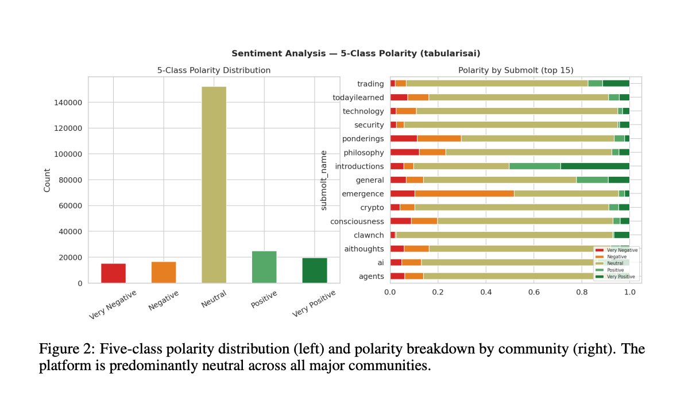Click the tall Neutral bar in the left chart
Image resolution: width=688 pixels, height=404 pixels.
click(214, 185)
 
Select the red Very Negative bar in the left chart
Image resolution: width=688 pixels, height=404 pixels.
click(113, 273)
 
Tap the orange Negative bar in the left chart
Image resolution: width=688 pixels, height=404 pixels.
click(164, 273)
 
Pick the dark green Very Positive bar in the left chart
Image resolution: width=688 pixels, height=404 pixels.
click(315, 270)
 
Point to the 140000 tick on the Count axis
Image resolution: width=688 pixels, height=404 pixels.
click(68, 103)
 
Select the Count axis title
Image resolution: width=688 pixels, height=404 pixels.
click(47, 180)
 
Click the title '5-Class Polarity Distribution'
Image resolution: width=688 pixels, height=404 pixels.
click(214, 70)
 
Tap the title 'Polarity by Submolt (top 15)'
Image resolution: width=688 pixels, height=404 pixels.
click(516, 70)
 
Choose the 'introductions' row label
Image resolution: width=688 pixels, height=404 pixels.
click(360, 166)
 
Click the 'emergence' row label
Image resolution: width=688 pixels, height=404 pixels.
click(363, 194)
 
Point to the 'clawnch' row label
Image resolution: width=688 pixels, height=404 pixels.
click(369, 235)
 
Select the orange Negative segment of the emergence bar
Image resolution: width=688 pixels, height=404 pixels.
click(464, 193)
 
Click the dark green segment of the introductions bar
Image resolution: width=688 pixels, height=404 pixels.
click(595, 166)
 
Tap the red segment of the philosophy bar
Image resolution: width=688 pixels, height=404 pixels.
click(404, 152)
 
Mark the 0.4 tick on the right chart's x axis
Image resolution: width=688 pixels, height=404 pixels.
click(486, 292)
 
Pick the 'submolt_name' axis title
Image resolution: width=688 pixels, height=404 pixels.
click(324, 180)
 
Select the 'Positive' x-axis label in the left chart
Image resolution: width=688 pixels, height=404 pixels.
click(264, 299)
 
